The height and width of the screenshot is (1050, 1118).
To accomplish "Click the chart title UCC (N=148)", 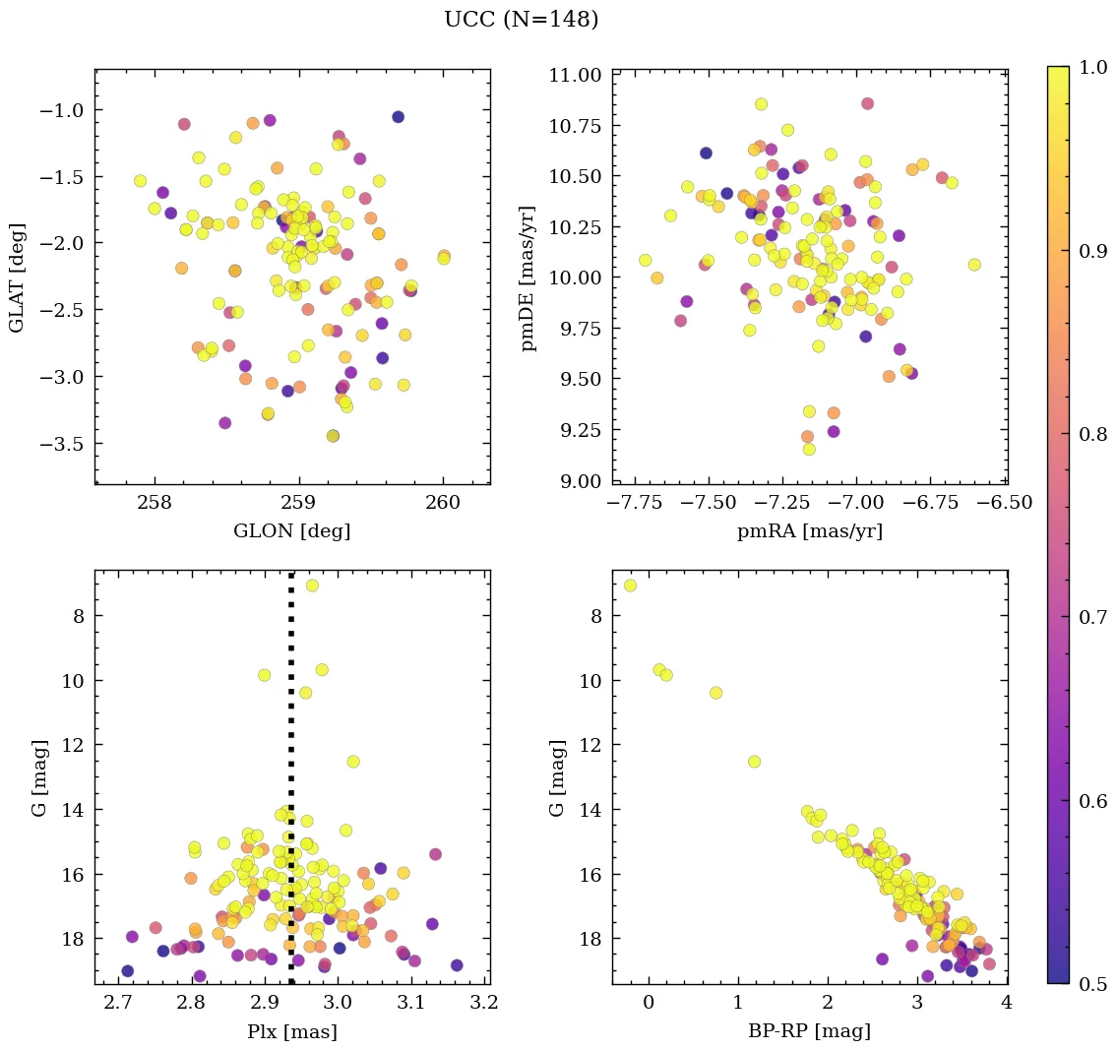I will coord(521,20).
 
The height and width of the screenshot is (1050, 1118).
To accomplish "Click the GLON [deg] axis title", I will coord(291,531).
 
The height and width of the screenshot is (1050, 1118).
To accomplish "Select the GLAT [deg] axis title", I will coord(18,278).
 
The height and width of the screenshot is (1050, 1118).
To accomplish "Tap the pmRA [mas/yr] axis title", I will coord(809,531).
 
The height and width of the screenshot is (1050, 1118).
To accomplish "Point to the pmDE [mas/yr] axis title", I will coord(529,278).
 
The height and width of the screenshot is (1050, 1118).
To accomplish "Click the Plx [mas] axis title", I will coord(291,1031).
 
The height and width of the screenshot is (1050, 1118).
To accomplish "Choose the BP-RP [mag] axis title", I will coord(809,1031).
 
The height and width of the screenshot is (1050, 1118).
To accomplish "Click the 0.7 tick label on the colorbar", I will coord(1092,617).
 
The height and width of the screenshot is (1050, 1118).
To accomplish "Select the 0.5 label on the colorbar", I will coord(1092,984).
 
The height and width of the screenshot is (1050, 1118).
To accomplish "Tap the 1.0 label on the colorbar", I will coord(1092,67).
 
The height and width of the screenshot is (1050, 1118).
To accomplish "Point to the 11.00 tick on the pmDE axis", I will coord(574,76).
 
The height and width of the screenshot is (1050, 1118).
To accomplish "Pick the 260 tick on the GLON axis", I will coord(442,504).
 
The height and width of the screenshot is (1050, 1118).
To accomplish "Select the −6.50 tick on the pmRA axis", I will coord(1004,504).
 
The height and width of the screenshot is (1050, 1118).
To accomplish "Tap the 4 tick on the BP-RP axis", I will coord(1006,1004).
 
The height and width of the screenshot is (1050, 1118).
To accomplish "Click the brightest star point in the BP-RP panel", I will coord(630,586).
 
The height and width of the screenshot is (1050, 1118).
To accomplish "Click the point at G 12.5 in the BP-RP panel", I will coord(755,761).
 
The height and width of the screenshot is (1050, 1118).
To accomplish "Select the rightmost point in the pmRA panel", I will coord(974,265).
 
